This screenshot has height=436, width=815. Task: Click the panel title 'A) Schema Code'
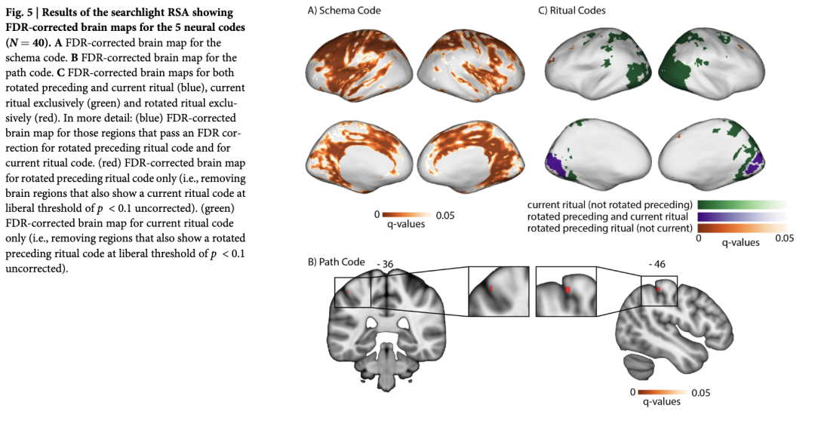coord(343,11)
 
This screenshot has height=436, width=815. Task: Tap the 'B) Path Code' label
coord(336,263)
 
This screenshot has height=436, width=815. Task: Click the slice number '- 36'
coord(386,264)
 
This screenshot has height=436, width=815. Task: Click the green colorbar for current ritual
coord(743,204)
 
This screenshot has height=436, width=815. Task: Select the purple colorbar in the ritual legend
coord(743,216)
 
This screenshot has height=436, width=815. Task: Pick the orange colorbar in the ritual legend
coord(743,227)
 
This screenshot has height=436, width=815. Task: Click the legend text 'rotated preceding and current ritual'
coord(610,216)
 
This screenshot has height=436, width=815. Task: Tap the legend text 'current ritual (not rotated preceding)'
coord(610,204)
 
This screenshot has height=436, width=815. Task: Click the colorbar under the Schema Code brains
coord(407,215)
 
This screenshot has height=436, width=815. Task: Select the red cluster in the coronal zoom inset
coord(491,287)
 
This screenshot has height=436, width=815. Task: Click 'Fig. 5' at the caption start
coord(20,13)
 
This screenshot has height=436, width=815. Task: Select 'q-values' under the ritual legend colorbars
coord(740,243)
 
